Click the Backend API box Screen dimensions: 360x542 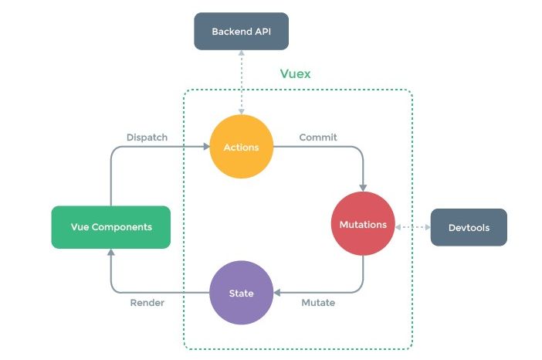click(x=241, y=32)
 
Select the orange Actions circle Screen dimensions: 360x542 click(x=241, y=147)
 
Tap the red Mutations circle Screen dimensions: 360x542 click(x=363, y=224)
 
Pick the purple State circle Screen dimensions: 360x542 click(x=241, y=293)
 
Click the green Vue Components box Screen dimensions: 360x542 click(x=110, y=227)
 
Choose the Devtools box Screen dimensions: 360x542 click(x=469, y=227)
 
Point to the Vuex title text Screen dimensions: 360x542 click(x=295, y=75)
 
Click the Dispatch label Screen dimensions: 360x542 click(x=147, y=138)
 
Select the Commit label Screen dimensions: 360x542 click(x=318, y=138)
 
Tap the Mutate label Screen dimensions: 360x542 click(x=317, y=303)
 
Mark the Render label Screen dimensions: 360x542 click(x=147, y=303)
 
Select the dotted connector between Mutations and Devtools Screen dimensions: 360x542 click(x=412, y=227)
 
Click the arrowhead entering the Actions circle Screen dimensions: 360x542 click(x=205, y=147)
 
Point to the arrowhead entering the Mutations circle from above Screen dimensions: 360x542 click(x=363, y=187)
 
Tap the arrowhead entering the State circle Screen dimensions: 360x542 click(x=278, y=293)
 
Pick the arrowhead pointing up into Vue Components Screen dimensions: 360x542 click(x=110, y=253)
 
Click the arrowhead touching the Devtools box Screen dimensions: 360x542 click(x=426, y=227)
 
